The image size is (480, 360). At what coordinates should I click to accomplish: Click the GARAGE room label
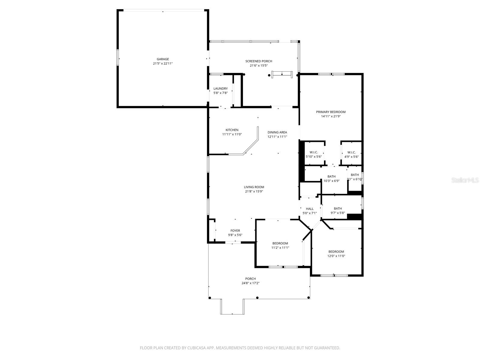(x=163, y=59)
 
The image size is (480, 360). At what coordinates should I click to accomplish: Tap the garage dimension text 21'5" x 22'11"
(x=163, y=64)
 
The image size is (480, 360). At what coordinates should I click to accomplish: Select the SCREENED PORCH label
(x=259, y=61)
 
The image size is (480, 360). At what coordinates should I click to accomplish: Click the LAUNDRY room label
(x=220, y=88)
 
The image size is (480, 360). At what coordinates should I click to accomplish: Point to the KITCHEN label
(x=232, y=130)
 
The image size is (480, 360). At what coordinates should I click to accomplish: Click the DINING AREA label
(x=277, y=132)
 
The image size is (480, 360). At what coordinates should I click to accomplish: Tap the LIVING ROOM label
(x=254, y=187)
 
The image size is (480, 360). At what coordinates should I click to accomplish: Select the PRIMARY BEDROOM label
(x=331, y=112)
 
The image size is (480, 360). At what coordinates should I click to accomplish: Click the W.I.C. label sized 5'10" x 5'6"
(x=313, y=152)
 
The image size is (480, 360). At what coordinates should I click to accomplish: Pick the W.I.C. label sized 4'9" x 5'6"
(x=351, y=152)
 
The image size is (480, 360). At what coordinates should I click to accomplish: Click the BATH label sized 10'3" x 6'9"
(x=331, y=176)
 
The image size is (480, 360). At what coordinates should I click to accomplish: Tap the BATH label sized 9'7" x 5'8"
(x=338, y=208)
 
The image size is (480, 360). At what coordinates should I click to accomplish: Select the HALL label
(x=310, y=209)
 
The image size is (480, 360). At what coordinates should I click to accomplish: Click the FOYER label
(x=235, y=231)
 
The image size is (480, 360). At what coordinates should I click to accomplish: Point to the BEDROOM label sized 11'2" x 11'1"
(x=280, y=243)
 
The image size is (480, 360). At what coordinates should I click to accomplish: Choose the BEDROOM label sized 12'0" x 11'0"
(x=336, y=252)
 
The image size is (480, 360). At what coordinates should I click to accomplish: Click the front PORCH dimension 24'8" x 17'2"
(x=250, y=283)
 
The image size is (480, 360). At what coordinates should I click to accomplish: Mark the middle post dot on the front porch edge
(x=257, y=298)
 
